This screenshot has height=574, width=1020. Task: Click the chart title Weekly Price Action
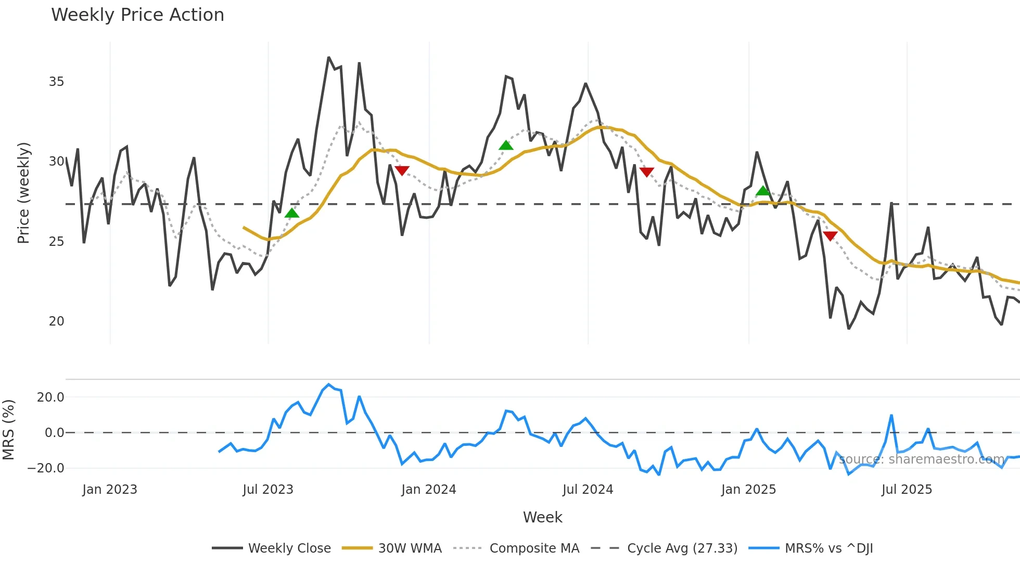point(137,15)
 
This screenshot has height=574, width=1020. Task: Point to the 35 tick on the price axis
point(56,82)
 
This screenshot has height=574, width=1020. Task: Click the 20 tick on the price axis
point(56,321)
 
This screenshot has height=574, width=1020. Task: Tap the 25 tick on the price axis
point(56,242)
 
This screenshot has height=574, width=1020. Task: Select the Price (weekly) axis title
point(23,193)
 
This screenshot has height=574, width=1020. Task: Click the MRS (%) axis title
point(8,430)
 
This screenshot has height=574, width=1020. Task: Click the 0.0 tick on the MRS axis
point(54,433)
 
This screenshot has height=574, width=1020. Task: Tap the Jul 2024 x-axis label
point(588,490)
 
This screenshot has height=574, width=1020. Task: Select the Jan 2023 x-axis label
point(110,490)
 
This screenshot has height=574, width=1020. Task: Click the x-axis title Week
point(542,517)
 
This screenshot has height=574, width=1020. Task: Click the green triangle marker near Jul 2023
point(292,213)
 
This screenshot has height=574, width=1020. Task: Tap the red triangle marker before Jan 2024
point(402,170)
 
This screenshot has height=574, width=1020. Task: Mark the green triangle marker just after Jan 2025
point(762,191)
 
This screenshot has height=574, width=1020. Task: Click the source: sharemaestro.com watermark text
point(921,459)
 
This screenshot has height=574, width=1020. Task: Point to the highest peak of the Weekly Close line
point(329,57)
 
